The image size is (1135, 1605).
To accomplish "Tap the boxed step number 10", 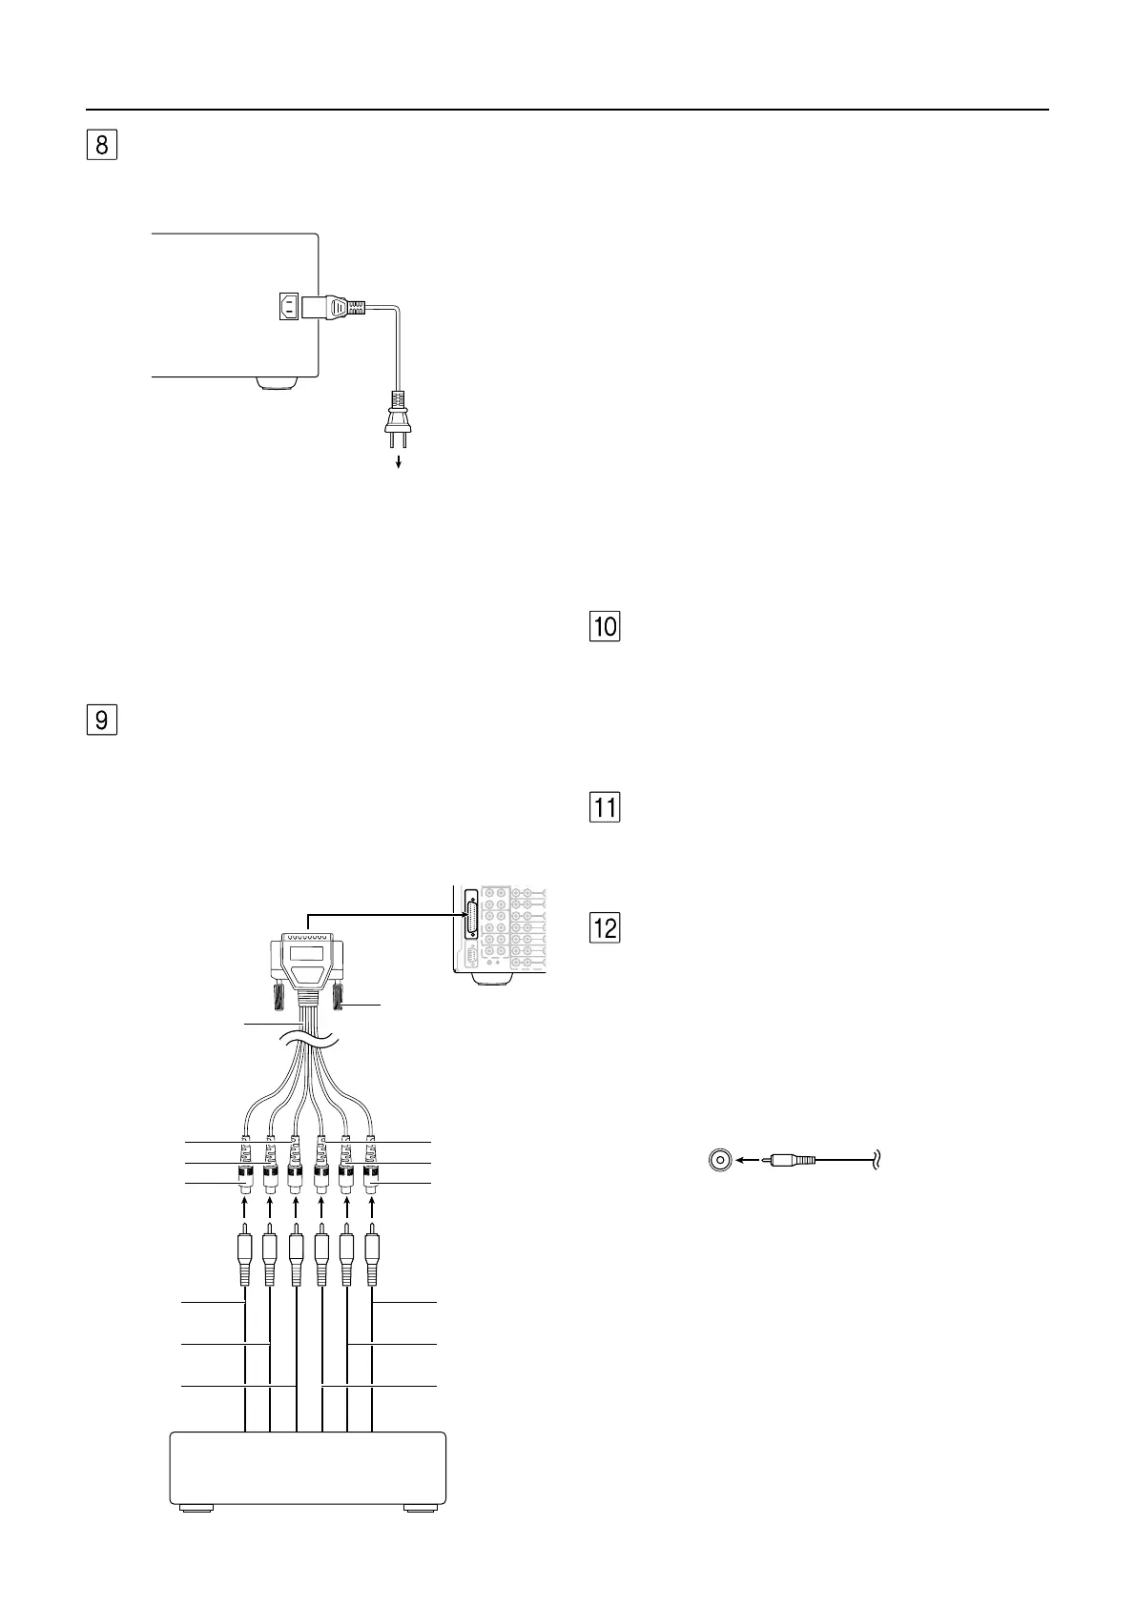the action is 606,626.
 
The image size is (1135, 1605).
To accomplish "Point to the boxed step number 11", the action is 606,808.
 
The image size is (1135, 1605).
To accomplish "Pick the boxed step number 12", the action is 606,927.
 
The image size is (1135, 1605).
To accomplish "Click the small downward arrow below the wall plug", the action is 399,462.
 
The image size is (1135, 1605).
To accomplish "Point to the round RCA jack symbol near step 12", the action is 720,1160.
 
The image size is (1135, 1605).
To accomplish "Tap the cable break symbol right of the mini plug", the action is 875,1160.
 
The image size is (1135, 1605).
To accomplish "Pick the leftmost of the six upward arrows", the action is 246,1209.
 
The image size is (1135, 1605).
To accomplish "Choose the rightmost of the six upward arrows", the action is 372,1209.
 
